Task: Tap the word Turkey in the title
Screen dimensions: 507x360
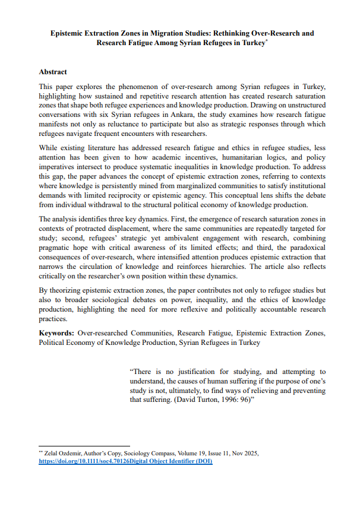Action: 251,43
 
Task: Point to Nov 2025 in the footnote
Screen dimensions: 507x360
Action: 242,452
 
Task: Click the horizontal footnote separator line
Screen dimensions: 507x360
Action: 84,445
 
